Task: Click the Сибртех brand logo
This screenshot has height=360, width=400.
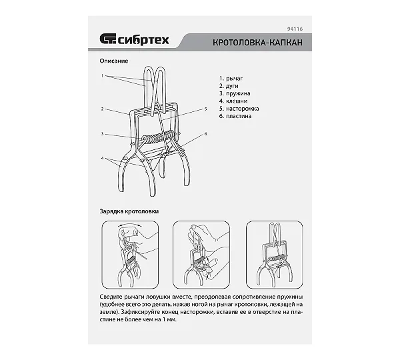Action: click(134, 39)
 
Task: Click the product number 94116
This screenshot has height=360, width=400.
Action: click(295, 29)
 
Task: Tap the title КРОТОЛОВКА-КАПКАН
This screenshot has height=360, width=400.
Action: click(257, 42)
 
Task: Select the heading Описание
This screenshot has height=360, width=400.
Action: click(114, 61)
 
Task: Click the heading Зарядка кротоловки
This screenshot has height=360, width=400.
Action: click(129, 211)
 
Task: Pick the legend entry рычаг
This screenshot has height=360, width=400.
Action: click(234, 79)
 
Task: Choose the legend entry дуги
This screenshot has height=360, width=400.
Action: click(232, 86)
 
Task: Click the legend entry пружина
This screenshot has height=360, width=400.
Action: click(238, 93)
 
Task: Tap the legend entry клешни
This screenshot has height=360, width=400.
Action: click(237, 101)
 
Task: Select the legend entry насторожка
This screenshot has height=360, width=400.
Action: click(243, 109)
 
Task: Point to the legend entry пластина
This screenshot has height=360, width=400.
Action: click(239, 116)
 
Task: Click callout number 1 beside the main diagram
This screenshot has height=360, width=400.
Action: click(102, 76)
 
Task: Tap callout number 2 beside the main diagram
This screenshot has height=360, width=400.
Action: click(102, 109)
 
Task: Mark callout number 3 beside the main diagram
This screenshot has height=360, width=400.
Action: click(102, 134)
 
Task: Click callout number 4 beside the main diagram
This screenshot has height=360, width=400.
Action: click(102, 158)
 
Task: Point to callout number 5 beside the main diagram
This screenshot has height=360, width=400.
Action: click(205, 109)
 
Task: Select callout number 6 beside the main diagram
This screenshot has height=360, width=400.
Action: click(205, 134)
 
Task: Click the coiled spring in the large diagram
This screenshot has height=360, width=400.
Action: click(158, 137)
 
